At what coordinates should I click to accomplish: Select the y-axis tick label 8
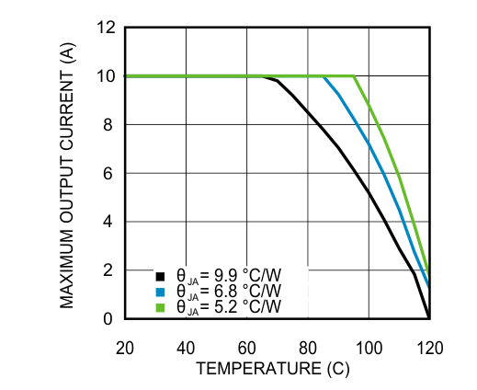tap(110, 125)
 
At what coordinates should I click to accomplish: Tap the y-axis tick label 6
tap(110, 174)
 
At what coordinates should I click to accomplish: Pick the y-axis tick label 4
tap(110, 222)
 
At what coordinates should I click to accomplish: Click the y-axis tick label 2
tap(110, 270)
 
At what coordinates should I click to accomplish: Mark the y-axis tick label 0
tap(110, 319)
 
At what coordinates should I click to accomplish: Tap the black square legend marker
tap(159, 275)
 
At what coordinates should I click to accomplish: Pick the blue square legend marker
tap(159, 291)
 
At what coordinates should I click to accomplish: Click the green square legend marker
tap(159, 306)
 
